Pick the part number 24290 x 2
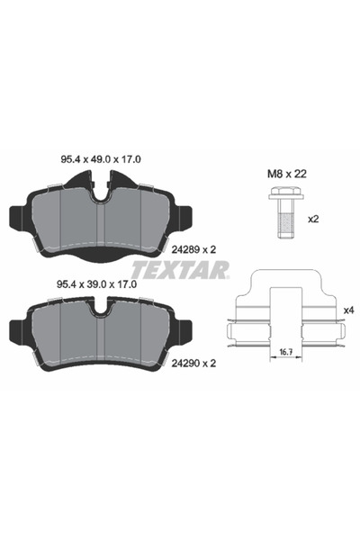point(191,364)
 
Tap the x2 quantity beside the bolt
point(315,218)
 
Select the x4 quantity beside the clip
point(348,310)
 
